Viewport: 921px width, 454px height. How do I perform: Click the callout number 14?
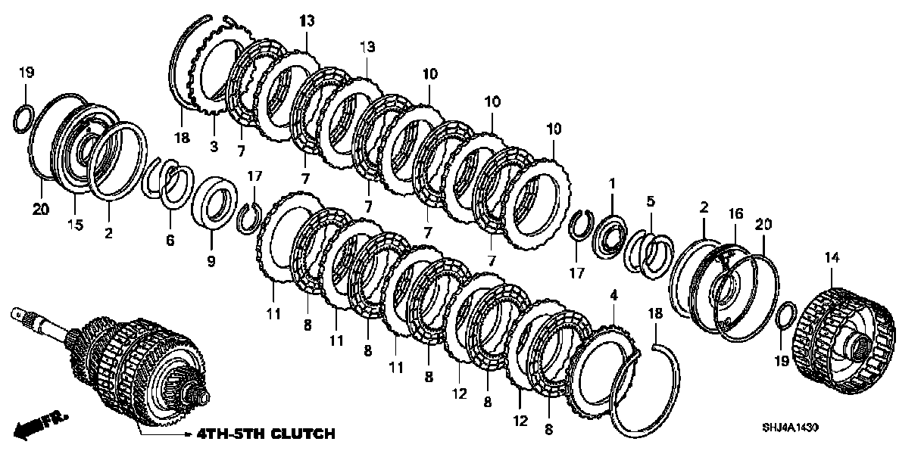tap(832, 258)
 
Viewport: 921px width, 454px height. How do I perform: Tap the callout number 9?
tap(211, 262)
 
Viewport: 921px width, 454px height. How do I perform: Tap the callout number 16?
tap(733, 215)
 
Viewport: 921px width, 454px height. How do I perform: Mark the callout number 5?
tap(650, 201)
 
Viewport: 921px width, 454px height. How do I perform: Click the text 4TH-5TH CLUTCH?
tap(265, 434)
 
